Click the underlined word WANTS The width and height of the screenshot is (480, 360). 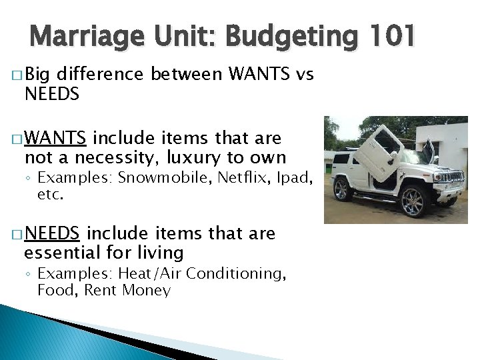[55, 139]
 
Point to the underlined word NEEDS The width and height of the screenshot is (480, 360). [52, 234]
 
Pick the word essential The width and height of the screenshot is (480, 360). [67, 253]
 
